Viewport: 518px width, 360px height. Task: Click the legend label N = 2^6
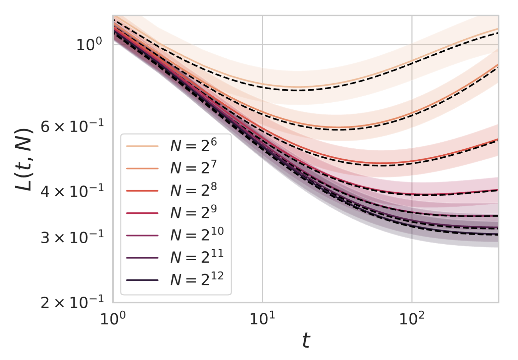(193, 145)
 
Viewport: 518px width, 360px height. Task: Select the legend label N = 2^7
(193, 168)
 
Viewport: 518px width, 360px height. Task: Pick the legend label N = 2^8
(193, 190)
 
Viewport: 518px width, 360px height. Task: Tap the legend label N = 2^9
(193, 212)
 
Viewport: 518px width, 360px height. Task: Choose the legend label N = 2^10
(197, 235)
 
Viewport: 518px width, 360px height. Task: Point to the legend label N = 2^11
(197, 257)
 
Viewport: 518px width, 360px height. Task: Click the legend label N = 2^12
(197, 279)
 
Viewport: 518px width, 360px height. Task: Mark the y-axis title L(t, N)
(24, 160)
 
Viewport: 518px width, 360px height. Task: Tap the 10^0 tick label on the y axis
(89, 44)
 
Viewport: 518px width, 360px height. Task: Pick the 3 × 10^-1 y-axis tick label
(72, 237)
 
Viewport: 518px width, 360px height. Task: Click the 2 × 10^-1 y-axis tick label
(72, 302)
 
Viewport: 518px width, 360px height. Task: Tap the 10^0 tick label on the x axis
(113, 319)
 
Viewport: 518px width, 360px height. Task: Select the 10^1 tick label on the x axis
(262, 319)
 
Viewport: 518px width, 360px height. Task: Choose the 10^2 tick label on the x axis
(412, 319)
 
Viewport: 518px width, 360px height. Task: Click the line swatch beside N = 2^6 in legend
(142, 146)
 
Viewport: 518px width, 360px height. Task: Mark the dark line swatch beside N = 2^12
(142, 280)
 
